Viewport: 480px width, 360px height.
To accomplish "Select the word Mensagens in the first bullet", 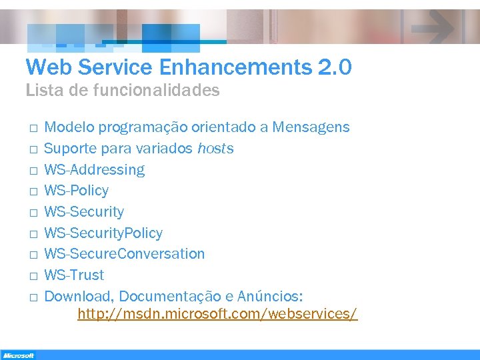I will [x=312, y=127].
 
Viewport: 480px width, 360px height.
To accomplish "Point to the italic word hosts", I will [x=215, y=148].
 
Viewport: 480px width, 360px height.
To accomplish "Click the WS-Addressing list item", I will [x=94, y=169].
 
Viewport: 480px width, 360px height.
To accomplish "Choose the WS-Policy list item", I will [x=76, y=191].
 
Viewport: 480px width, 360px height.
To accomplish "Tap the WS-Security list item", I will [x=84, y=212].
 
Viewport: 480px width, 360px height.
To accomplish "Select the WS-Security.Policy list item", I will [x=103, y=233].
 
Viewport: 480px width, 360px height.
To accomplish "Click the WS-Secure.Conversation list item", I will [x=125, y=254].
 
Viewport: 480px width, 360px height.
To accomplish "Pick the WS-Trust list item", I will [x=74, y=275].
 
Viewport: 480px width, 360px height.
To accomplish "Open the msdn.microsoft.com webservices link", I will [x=217, y=313].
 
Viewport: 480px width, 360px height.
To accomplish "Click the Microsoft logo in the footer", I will [x=18, y=355].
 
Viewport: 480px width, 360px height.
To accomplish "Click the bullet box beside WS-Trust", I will [x=32, y=276].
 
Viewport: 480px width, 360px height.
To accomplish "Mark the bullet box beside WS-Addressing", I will [x=32, y=171].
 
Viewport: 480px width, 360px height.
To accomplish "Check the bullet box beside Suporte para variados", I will [x=32, y=149].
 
